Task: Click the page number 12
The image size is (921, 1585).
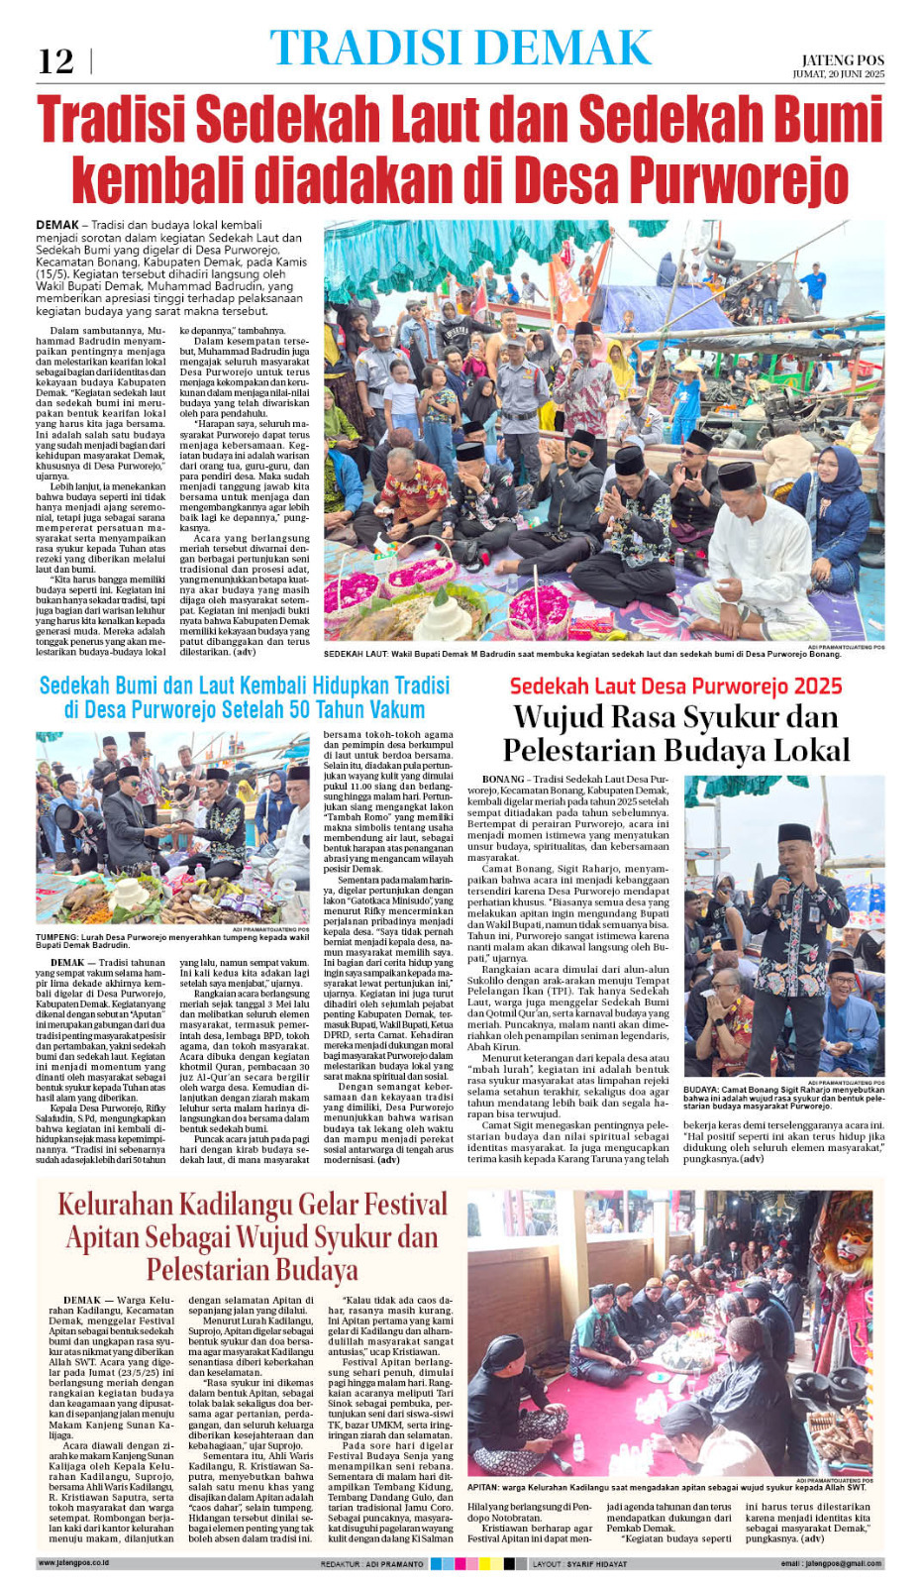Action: (x=55, y=61)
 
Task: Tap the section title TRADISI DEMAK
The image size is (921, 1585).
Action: (x=460, y=48)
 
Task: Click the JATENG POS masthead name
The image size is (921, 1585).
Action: (x=843, y=60)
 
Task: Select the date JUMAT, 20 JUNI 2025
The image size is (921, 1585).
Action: (x=838, y=74)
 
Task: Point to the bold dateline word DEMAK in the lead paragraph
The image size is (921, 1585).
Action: (x=57, y=225)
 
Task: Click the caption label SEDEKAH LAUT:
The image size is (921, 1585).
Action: (x=356, y=654)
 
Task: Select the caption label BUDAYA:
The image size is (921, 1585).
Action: (x=701, y=1090)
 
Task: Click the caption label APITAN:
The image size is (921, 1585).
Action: (x=483, y=1487)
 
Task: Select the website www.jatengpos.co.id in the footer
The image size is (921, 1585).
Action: (x=73, y=1563)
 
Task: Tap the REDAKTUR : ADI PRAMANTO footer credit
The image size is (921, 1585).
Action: (x=371, y=1564)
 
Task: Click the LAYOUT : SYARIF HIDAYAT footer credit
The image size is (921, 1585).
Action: (x=579, y=1564)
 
